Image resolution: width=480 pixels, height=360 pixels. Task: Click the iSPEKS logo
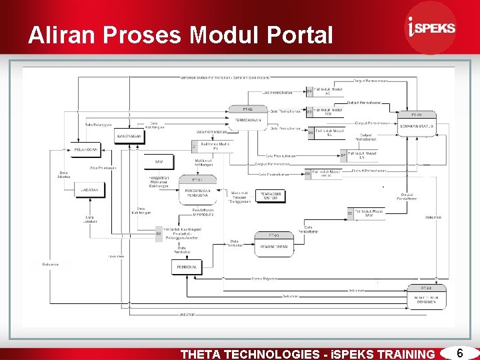click(x=431, y=27)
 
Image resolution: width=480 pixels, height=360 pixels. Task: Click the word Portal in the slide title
click(x=297, y=35)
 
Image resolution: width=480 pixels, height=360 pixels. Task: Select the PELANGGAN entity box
click(x=86, y=149)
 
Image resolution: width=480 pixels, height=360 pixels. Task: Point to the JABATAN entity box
click(x=90, y=190)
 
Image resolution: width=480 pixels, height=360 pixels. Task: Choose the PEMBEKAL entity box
click(x=185, y=267)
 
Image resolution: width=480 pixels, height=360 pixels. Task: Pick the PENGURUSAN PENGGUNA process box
click(x=197, y=190)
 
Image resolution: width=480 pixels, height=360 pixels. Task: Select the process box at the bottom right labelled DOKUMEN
click(x=426, y=296)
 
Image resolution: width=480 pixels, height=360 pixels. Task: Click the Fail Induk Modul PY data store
click(x=211, y=145)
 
